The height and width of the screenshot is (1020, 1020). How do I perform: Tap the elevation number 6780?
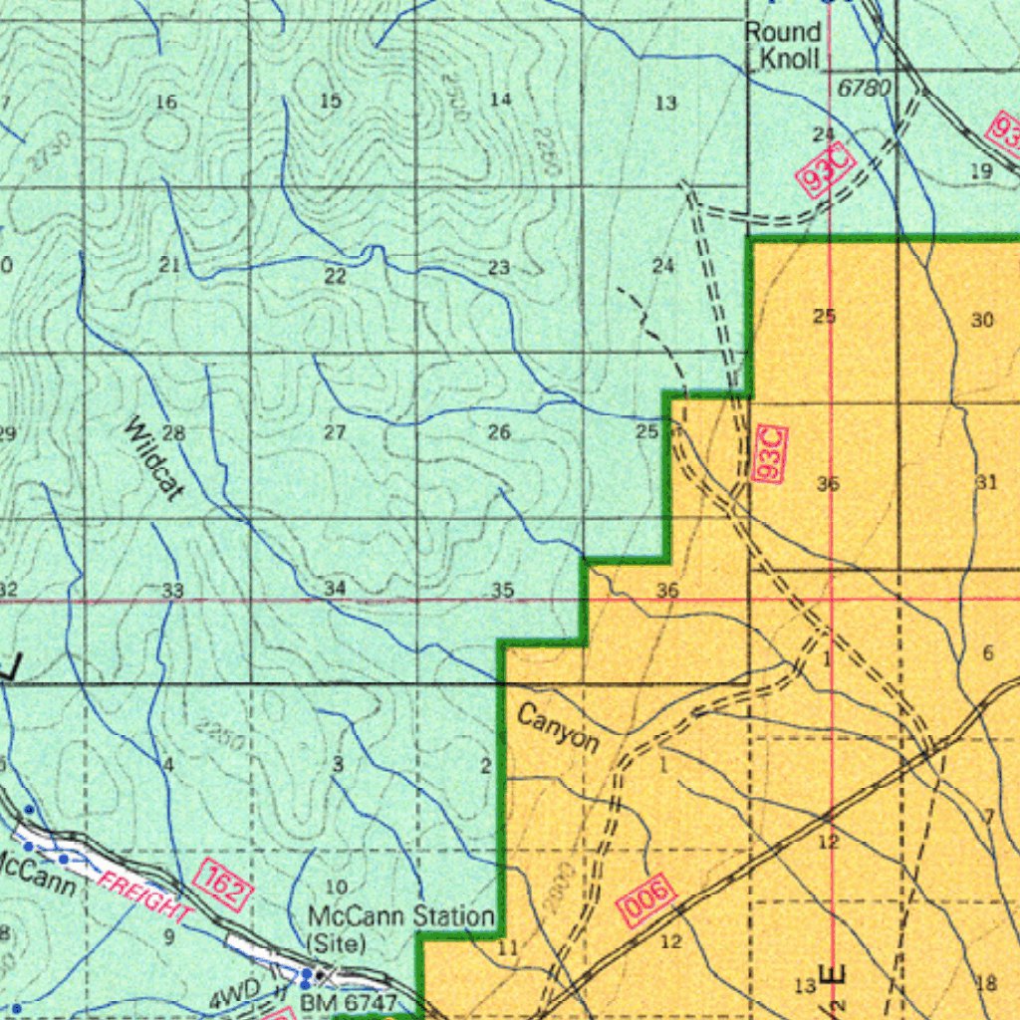(864, 89)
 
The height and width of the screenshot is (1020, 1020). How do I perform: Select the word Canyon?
(558, 729)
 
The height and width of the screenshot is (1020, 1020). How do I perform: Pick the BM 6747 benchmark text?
(349, 1002)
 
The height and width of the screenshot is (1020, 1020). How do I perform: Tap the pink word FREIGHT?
(145, 892)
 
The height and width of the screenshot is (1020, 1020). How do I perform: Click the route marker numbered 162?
(223, 885)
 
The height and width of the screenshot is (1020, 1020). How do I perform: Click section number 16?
(166, 102)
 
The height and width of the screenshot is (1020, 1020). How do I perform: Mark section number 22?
(335, 276)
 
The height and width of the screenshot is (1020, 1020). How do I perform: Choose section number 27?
(335, 432)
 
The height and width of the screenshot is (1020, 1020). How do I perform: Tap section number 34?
(335, 589)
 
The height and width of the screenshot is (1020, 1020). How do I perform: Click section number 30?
(982, 320)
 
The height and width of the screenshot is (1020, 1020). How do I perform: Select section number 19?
(981, 171)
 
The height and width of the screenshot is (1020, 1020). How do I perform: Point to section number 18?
(986, 984)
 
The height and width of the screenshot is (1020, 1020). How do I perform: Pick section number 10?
(337, 887)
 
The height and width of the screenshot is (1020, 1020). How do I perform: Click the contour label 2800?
(559, 889)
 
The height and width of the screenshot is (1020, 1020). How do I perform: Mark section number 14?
(501, 99)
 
